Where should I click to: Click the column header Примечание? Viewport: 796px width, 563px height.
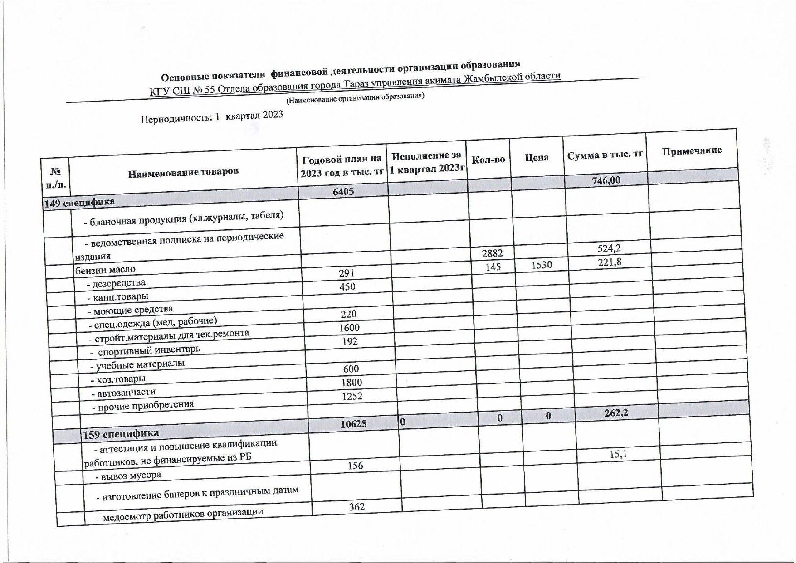coord(692,150)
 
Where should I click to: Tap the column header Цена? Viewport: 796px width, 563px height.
coord(537,158)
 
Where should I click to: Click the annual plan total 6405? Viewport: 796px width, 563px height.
coord(343,191)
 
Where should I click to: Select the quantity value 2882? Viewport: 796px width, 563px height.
coord(492,252)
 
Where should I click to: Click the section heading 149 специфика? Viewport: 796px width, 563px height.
coord(79,202)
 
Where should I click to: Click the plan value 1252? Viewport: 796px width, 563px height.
coord(352,396)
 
